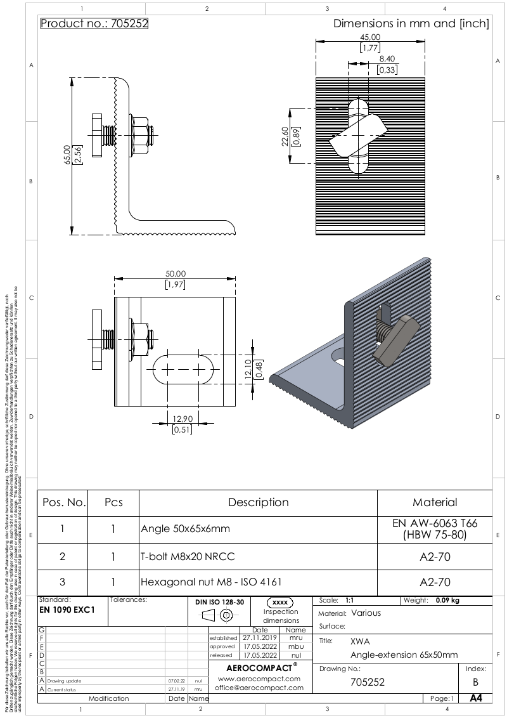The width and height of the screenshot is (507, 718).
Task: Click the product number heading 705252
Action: click(94, 24)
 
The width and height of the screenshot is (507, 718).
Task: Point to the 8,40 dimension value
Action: click(387, 59)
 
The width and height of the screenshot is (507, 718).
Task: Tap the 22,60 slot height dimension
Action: click(286, 135)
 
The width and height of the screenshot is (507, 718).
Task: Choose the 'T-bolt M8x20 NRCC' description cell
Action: click(188, 556)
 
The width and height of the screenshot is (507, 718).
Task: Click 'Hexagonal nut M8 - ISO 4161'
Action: click(211, 582)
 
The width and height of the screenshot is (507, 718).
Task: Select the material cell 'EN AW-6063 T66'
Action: click(435, 523)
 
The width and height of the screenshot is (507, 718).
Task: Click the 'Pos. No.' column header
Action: click(63, 502)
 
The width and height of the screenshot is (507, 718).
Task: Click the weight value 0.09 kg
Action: click(447, 600)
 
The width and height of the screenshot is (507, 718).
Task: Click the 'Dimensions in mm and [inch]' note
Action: click(411, 24)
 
